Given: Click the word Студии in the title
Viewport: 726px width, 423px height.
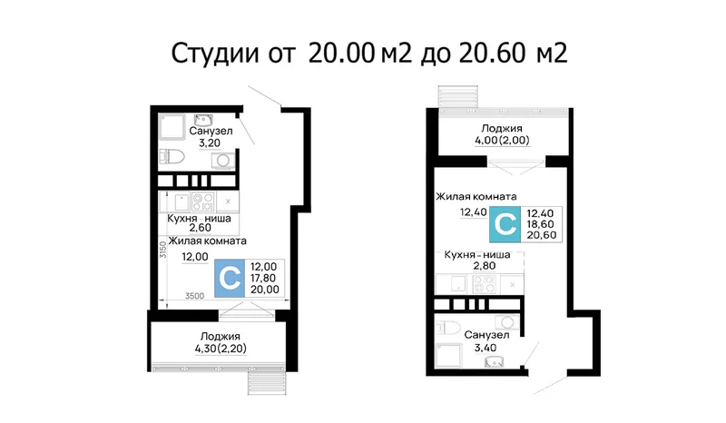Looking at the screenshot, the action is pyautogui.click(x=215, y=54).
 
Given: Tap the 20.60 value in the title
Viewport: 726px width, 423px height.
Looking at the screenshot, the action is pyautogui.click(x=492, y=53).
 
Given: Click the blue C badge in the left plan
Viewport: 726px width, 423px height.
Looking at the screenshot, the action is pyautogui.click(x=230, y=279).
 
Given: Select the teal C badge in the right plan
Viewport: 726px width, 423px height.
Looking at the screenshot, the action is pyautogui.click(x=505, y=224).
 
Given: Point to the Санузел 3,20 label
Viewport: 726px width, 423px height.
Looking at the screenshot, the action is pyautogui.click(x=211, y=137).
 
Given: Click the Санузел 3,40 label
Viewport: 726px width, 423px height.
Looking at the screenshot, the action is pyautogui.click(x=486, y=341).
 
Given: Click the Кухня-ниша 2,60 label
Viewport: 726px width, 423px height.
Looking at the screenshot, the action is pyautogui.click(x=199, y=223).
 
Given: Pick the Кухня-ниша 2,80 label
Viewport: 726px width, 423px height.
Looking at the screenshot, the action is pyautogui.click(x=477, y=260).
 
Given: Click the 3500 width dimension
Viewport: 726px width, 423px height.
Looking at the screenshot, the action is pyautogui.click(x=194, y=296).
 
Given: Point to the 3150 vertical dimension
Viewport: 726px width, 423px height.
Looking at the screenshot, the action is pyautogui.click(x=162, y=250).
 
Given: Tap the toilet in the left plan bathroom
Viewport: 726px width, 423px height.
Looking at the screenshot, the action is pyautogui.click(x=172, y=157).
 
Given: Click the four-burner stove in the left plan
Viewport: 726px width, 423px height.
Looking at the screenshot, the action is pyautogui.click(x=203, y=202).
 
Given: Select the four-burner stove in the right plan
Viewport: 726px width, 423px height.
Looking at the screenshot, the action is pyautogui.click(x=485, y=284).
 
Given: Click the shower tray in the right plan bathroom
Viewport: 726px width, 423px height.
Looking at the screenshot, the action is pyautogui.click(x=448, y=355).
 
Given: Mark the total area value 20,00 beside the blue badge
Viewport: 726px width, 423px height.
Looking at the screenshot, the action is pyautogui.click(x=265, y=290).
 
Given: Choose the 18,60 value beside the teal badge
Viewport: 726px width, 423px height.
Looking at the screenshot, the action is pyautogui.click(x=540, y=224).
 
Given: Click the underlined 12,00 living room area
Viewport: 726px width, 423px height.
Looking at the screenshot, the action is pyautogui.click(x=195, y=257).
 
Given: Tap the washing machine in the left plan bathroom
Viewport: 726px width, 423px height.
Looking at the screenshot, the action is pyautogui.click(x=223, y=161).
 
